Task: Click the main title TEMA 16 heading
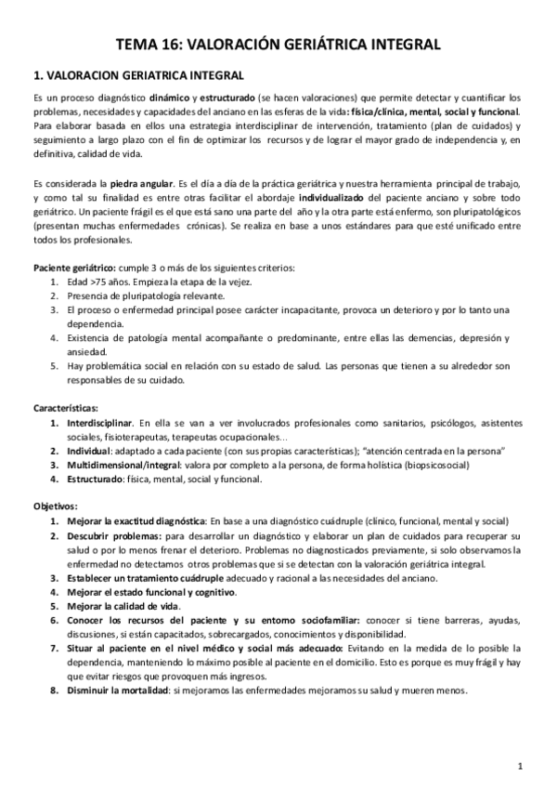pyautogui.click(x=278, y=44)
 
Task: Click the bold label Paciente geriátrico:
pyautogui.click(x=74, y=269)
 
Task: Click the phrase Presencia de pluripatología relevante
pyautogui.click(x=138, y=297)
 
